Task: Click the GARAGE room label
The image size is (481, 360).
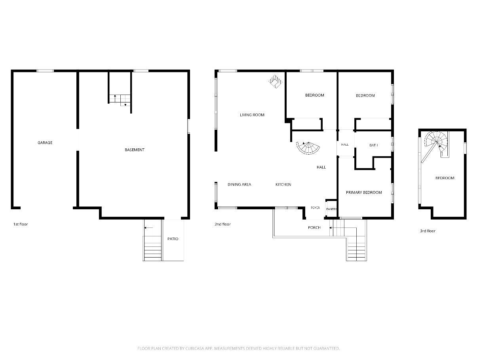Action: (45, 142)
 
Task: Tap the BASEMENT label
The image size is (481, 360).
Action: (135, 150)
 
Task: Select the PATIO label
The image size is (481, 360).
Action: (173, 239)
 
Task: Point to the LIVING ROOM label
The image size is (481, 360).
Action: (252, 115)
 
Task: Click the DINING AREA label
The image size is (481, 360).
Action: (239, 184)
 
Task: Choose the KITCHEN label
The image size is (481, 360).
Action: (283, 184)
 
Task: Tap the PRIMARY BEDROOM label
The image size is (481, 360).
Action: (364, 193)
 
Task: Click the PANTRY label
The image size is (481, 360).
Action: (331, 209)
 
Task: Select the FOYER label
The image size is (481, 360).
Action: (316, 208)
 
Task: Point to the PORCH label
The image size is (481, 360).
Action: (314, 227)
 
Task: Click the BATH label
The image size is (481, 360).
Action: (374, 145)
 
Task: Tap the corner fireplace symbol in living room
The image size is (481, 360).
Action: (276, 81)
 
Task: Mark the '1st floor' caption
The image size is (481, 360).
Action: (21, 224)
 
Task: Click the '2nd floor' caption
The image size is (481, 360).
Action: (222, 224)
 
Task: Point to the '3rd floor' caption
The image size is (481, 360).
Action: (428, 231)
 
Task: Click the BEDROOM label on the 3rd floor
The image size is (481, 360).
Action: (445, 178)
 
